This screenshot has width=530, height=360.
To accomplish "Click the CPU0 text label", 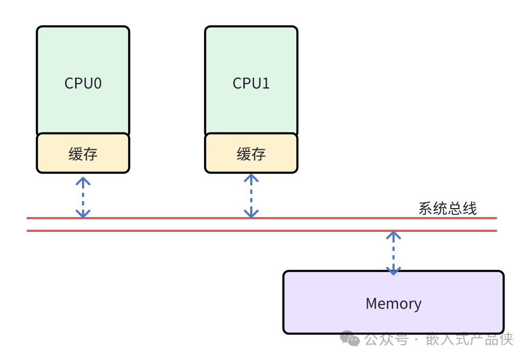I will tap(83, 83).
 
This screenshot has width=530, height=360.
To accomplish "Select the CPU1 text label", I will tap(251, 83).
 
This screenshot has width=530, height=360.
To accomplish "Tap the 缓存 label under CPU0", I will tap(83, 154).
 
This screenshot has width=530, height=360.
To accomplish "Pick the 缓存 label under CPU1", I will tap(251, 154).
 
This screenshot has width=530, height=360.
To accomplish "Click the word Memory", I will tap(394, 303).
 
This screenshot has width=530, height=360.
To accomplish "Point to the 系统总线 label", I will tap(447, 208).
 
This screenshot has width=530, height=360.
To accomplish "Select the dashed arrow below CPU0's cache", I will tap(83, 197).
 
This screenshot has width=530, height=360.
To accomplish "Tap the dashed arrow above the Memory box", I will tap(393, 253).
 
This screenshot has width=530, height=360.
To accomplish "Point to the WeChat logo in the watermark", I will tap(350, 338).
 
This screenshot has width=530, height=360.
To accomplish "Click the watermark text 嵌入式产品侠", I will tap(469, 339).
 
